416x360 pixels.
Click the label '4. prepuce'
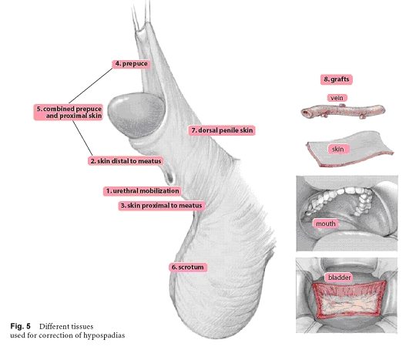tap(131, 64)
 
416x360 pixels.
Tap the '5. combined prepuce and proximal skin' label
tap(69, 113)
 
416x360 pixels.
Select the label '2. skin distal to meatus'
tap(126, 161)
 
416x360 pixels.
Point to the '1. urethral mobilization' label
tap(143, 191)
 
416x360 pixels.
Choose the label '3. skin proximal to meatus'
tap(161, 206)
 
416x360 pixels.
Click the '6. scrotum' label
tap(188, 267)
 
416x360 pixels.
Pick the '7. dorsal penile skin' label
tap(222, 130)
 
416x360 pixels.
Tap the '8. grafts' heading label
tap(337, 79)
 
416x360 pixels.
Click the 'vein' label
tap(337, 98)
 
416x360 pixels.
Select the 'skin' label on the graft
tap(337, 150)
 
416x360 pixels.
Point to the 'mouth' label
tap(326, 224)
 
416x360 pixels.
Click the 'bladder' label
tap(339, 278)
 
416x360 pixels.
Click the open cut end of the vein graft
tap(306, 113)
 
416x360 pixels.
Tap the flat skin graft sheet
tap(351, 149)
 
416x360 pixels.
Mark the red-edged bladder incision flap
tap(349, 299)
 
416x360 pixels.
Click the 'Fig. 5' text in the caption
tap(21, 326)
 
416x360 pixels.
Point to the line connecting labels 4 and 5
tap(91, 86)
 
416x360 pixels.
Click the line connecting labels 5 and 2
tap(82, 138)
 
